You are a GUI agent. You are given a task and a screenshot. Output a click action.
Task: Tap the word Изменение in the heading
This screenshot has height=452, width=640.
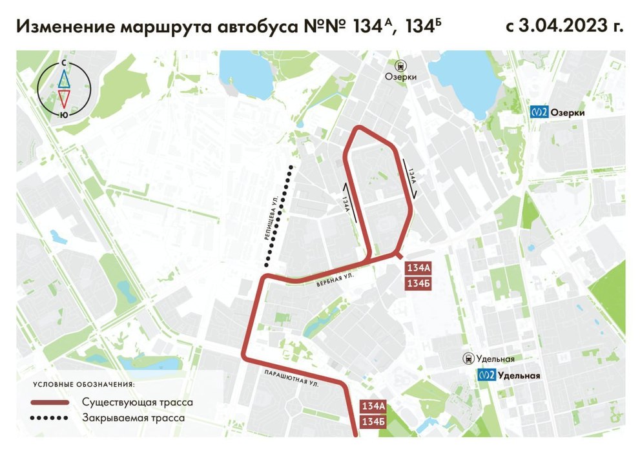(62, 26)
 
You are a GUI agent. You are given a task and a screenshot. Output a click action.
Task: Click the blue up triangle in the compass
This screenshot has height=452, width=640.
(64, 79)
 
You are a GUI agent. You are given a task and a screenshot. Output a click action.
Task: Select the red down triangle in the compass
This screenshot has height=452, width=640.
(64, 98)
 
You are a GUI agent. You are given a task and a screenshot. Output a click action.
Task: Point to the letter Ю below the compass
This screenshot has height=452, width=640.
(63, 114)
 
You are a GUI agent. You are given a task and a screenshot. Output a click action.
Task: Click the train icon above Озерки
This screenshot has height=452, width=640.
(401, 65)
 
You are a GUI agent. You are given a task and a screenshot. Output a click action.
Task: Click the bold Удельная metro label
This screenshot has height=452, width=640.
(518, 375)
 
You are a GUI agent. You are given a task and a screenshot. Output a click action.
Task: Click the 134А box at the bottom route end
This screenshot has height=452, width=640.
(373, 407)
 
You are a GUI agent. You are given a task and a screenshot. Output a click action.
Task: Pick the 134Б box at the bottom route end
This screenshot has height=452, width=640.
(373, 422)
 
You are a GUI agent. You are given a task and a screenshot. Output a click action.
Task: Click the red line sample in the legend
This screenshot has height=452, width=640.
(50, 403)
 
